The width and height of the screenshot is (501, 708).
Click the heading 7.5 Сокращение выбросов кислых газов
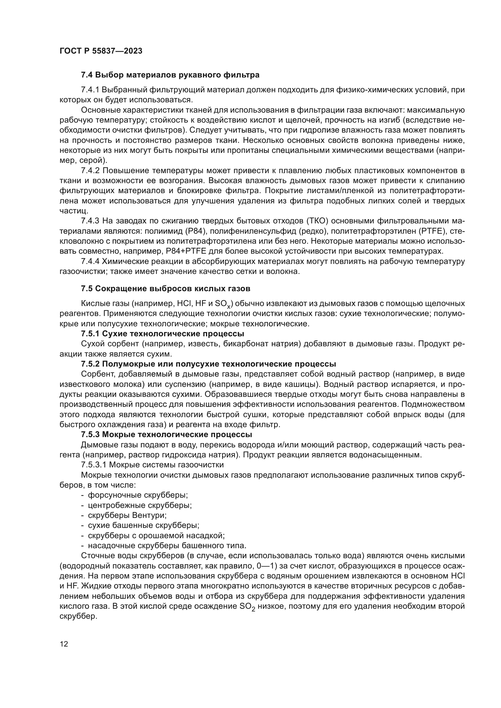click(165, 289)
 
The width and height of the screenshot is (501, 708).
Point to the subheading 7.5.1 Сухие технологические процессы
click(163, 334)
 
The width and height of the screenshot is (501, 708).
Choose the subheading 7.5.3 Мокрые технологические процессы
click(167, 434)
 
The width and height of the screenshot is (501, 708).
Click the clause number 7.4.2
click(90, 170)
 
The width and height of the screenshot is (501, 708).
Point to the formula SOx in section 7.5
click(223, 304)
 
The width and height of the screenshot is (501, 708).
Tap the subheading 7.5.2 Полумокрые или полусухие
click(208, 364)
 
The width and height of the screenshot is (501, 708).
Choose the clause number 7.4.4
click(90, 262)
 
